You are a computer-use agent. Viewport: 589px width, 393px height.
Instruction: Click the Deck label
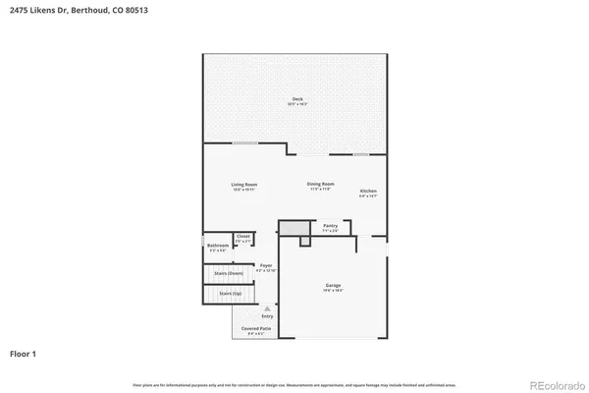(x=296, y=100)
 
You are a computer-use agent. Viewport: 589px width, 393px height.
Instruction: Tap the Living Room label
(x=244, y=186)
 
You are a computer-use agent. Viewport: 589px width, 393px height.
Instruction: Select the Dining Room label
(x=321, y=185)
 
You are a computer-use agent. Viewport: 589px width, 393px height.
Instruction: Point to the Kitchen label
(x=368, y=191)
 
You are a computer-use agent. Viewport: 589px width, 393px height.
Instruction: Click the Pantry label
(x=331, y=226)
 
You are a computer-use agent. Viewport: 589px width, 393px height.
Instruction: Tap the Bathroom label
(x=218, y=245)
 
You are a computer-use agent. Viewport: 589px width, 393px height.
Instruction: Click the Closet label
(x=243, y=237)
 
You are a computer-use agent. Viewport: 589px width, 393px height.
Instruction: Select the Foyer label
(x=266, y=265)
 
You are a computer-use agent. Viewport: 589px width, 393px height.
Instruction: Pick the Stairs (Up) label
(x=231, y=294)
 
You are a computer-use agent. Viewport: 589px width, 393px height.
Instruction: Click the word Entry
(x=267, y=315)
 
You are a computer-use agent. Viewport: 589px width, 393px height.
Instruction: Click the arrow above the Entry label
(x=266, y=308)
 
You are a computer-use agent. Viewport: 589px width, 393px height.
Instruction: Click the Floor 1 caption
(x=26, y=352)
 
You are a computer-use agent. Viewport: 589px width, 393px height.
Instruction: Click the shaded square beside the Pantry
(x=289, y=228)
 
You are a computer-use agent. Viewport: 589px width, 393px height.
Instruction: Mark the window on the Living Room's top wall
(x=244, y=143)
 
